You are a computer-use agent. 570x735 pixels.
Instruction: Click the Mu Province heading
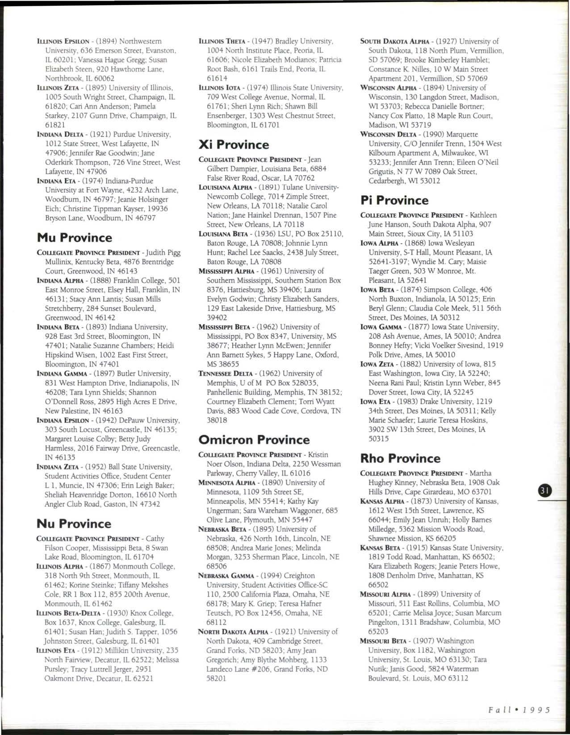(x=74, y=237)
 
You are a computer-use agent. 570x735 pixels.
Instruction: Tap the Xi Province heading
(x=234, y=145)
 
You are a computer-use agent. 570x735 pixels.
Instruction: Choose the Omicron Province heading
(x=254, y=440)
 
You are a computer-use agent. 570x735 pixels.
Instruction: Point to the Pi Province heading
(x=394, y=200)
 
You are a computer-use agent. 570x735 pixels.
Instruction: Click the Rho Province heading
(x=400, y=458)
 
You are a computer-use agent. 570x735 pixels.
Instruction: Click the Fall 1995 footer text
(x=519, y=710)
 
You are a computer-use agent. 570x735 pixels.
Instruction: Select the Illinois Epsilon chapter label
(x=63, y=41)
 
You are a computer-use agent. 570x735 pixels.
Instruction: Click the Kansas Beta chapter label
(x=380, y=548)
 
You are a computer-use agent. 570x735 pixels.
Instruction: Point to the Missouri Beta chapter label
(x=382, y=641)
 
